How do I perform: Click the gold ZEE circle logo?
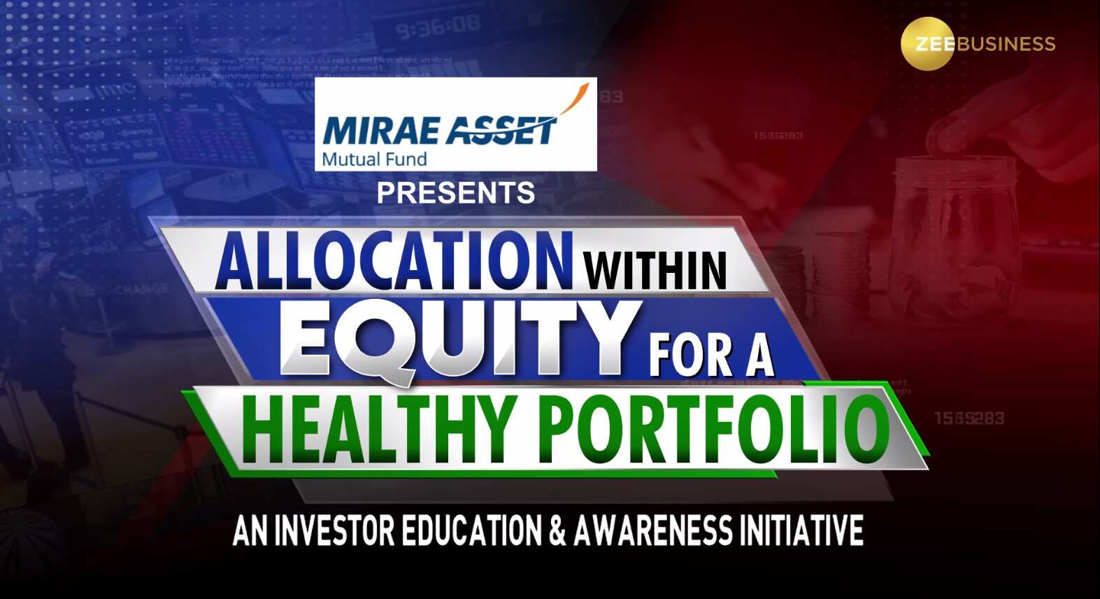click(x=927, y=43)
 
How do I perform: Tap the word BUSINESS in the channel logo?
click(x=1006, y=44)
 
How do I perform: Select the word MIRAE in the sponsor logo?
click(x=381, y=131)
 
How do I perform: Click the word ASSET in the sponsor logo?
click(x=500, y=130)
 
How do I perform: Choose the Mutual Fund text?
click(x=374, y=160)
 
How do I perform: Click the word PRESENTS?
click(x=456, y=193)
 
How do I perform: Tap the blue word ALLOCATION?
click(x=393, y=260)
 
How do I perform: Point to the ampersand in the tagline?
click(x=557, y=531)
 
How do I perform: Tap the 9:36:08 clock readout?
click(x=438, y=29)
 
